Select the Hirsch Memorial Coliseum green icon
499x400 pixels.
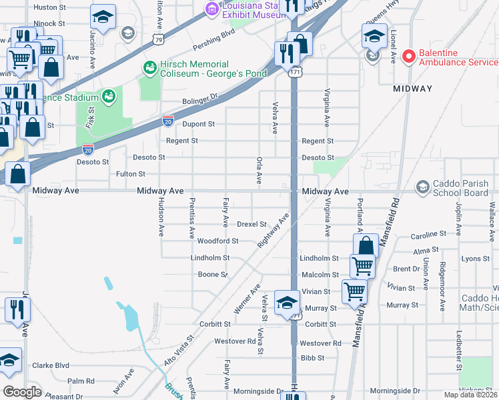tap(149, 67)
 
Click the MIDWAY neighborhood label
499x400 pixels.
tap(412, 88)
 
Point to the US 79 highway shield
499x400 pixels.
tap(158, 39)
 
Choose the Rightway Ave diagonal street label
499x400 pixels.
tap(274, 231)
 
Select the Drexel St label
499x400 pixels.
tap(252, 224)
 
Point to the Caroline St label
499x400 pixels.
tap(428, 235)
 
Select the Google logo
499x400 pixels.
tap(21, 392)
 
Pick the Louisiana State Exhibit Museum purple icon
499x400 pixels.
tap(213, 9)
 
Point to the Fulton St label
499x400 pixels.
tap(131, 174)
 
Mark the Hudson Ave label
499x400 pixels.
tap(161, 217)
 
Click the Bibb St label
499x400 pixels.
tap(312, 358)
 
